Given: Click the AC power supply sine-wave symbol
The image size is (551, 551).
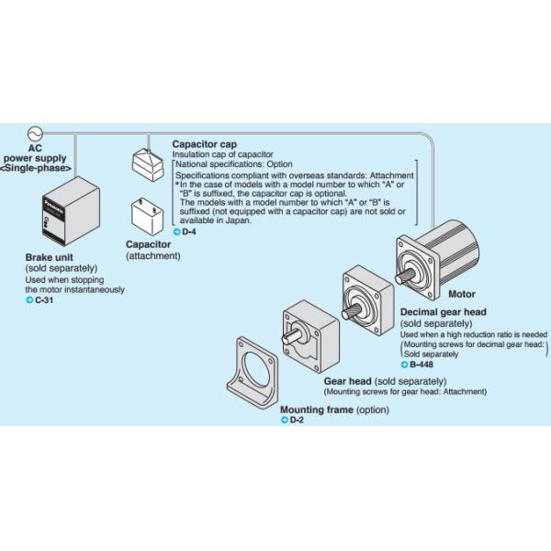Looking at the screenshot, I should [x=38, y=134].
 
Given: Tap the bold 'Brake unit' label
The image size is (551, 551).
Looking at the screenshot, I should [x=50, y=258].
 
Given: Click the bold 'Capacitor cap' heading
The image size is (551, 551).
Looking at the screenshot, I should [x=204, y=144].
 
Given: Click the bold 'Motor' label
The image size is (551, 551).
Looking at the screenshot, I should [x=461, y=295].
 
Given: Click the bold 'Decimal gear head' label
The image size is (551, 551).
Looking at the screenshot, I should [x=444, y=313].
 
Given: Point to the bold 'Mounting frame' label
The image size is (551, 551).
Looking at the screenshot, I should [x=315, y=410].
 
